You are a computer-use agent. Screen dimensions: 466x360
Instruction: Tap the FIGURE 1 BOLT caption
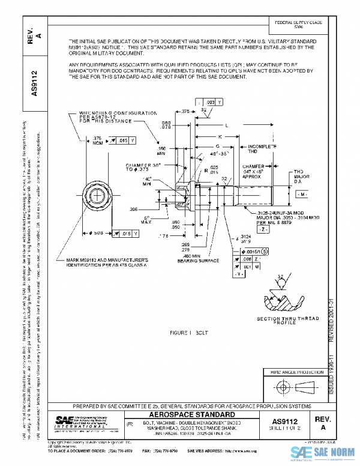coord(188,332)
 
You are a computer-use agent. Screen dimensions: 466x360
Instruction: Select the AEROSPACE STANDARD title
coord(190,416)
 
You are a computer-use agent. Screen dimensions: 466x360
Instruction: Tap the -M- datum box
coord(302,195)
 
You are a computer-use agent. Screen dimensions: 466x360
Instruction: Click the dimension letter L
coord(226,126)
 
